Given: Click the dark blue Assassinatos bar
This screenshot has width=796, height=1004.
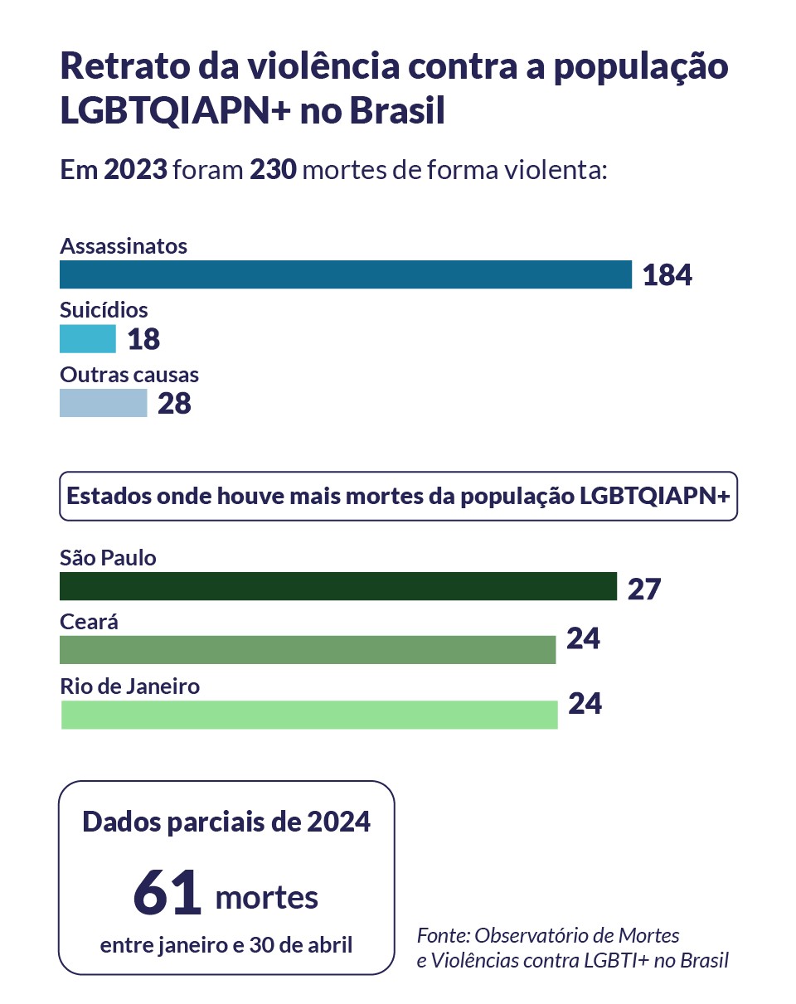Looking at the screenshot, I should (x=345, y=274).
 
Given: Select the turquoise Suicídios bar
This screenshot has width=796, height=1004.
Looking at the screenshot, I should (x=87, y=339).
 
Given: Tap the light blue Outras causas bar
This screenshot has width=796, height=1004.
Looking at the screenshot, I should (x=103, y=403).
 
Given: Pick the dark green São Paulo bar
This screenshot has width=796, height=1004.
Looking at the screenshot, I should (x=337, y=586).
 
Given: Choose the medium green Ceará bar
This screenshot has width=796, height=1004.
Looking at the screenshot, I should (x=307, y=650).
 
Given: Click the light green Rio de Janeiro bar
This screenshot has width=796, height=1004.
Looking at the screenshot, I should (x=308, y=715).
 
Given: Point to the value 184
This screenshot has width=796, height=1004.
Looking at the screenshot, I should (x=667, y=275).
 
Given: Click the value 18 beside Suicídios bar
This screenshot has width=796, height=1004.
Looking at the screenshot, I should (x=143, y=339).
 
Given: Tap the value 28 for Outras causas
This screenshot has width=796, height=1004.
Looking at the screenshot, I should (x=174, y=404).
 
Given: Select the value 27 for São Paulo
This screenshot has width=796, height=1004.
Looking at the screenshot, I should (x=643, y=588).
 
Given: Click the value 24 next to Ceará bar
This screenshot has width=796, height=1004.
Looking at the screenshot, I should (x=583, y=638).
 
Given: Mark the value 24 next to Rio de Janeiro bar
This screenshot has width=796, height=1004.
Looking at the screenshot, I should (x=585, y=704).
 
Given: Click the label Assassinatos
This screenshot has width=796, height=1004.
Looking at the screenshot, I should (x=124, y=246).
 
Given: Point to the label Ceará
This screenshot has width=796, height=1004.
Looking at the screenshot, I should (x=89, y=622).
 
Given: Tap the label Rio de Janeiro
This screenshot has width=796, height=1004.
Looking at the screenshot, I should (x=129, y=686).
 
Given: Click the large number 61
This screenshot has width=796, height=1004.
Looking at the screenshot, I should (x=167, y=893).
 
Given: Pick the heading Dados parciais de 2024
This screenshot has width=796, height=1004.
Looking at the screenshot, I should (x=226, y=822).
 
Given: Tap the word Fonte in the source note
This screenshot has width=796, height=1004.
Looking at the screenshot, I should (x=442, y=936).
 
